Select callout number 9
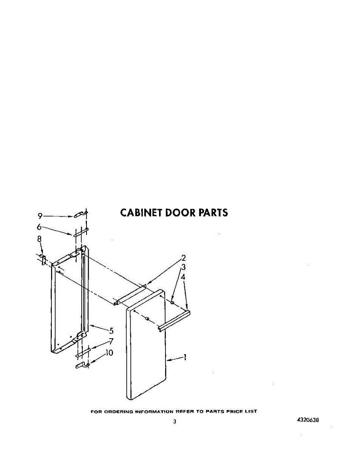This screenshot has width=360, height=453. (40, 216)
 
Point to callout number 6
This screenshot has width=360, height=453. (39, 227)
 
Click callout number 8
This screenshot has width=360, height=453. (39, 239)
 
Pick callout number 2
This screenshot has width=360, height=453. (184, 258)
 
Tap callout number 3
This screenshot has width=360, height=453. (184, 267)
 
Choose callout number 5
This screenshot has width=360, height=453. (111, 331)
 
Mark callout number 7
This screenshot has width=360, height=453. (111, 342)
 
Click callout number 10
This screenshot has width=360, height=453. (109, 353)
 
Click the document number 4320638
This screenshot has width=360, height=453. (308, 420)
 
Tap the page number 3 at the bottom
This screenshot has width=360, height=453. (175, 422)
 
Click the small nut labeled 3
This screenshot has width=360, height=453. (172, 302)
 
